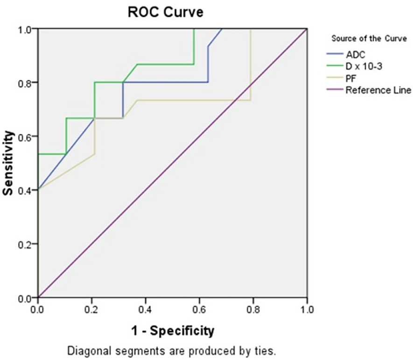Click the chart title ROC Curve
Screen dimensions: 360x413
click(166, 13)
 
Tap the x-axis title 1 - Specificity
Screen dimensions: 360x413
click(172, 331)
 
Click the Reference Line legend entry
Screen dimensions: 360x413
click(378, 90)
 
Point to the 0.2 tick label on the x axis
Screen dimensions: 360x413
click(92, 309)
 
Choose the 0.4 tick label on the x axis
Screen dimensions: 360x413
click(146, 309)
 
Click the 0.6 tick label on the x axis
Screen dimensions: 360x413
click(199, 309)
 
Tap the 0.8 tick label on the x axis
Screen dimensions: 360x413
click(253, 309)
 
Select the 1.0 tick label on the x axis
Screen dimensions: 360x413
click(307, 309)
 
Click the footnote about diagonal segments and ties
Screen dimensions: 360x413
click(172, 350)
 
